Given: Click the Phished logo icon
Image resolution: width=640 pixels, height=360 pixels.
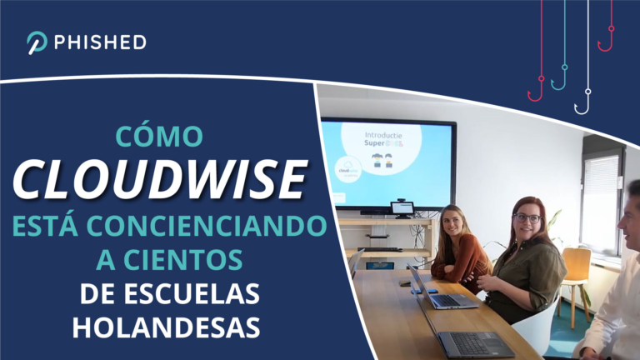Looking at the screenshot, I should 36,42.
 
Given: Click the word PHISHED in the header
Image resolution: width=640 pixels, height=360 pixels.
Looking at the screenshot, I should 99,42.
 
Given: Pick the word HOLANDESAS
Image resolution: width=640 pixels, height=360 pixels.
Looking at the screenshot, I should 166,327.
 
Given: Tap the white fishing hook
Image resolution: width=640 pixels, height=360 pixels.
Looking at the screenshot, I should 583,103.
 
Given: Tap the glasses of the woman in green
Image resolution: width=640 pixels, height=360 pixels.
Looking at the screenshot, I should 527,217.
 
